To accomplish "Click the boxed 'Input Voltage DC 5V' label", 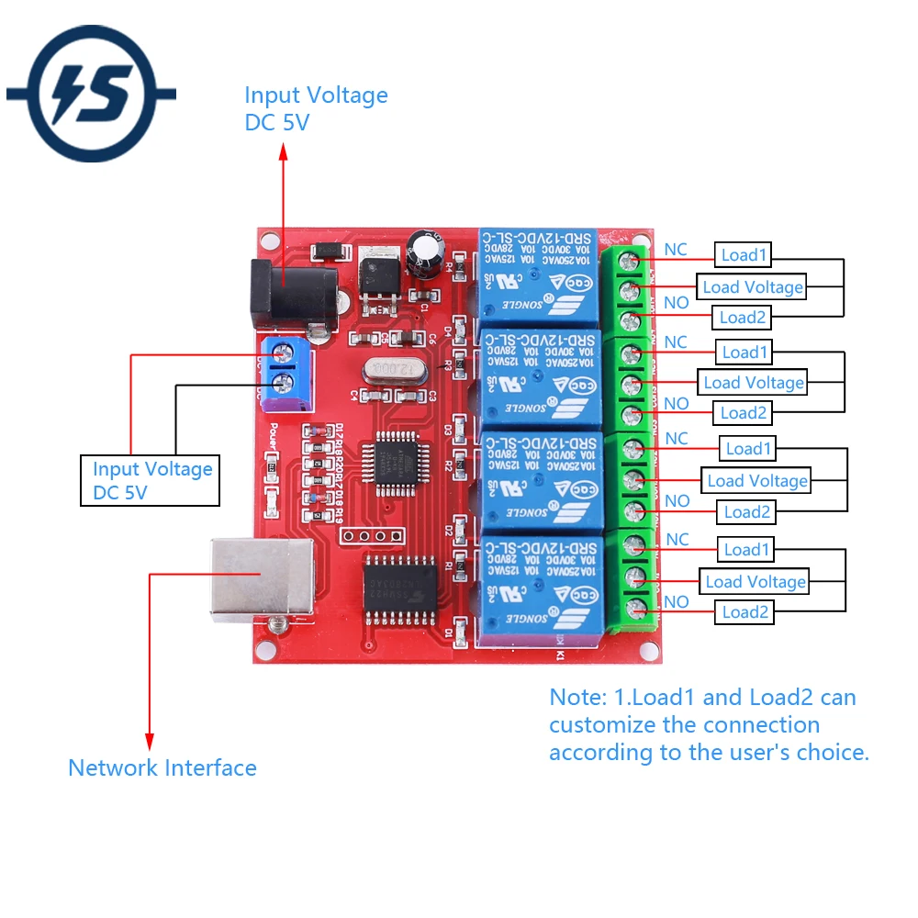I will tap(151, 480).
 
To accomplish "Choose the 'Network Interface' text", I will tap(162, 768).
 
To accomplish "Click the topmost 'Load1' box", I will tap(742, 255).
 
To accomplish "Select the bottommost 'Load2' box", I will tap(744, 612).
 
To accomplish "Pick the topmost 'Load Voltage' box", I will tap(752, 287).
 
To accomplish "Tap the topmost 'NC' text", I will tap(676, 250).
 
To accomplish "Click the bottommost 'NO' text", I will tap(677, 602).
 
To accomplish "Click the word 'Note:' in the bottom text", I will tap(576, 698).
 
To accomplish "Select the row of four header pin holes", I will tap(372, 535).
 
